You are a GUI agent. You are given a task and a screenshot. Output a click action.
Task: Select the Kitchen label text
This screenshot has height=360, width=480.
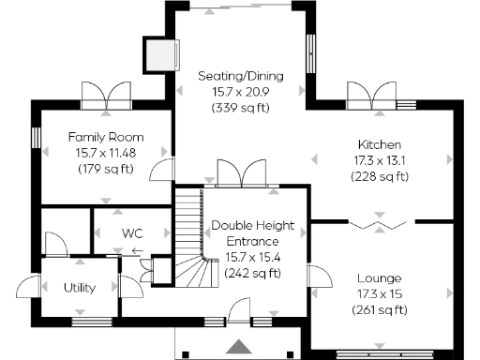[380, 144]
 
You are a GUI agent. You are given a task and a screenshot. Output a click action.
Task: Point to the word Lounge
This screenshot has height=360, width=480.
[380, 278]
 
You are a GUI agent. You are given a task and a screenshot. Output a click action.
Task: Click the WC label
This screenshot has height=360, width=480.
[132, 232]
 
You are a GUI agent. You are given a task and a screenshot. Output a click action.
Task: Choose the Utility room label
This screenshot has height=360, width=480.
[81, 288]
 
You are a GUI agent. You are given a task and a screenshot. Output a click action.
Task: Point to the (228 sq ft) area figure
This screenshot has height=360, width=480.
[380, 176]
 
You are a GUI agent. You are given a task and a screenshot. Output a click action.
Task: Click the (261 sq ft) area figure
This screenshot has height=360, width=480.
[380, 310]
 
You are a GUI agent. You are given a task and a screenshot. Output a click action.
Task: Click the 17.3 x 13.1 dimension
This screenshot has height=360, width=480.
[380, 160]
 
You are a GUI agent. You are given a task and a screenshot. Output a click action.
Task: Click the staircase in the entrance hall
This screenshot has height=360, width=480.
[192, 234]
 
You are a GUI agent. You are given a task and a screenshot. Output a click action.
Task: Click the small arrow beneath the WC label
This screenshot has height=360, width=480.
[137, 251]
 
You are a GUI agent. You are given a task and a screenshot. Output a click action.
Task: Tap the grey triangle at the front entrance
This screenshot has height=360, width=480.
[241, 345]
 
